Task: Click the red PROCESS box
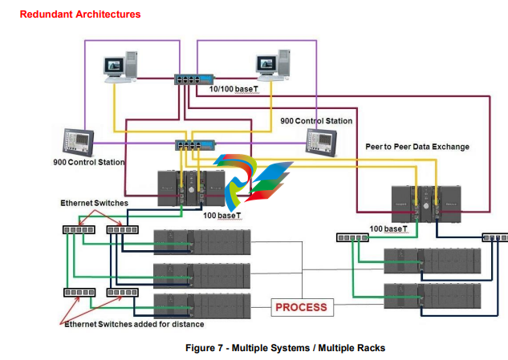click(x=301, y=307)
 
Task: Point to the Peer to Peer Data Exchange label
click(x=417, y=147)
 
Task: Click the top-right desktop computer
click(x=271, y=68)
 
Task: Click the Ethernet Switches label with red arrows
click(x=94, y=204)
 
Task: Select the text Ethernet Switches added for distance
click(x=135, y=324)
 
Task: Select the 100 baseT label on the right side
click(x=388, y=229)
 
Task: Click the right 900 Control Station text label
click(x=315, y=121)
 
